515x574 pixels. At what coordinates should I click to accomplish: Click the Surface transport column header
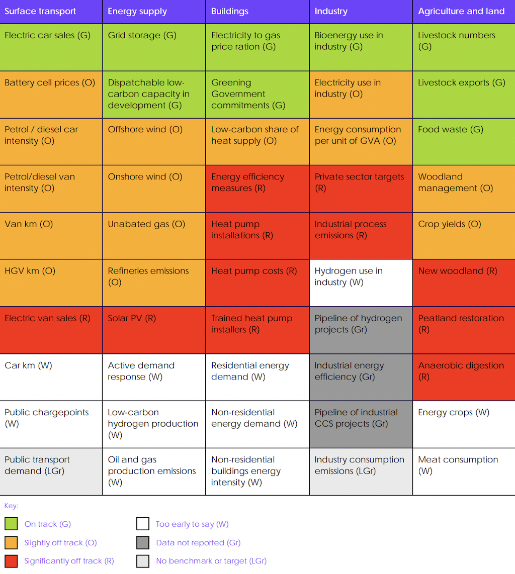pos(51,12)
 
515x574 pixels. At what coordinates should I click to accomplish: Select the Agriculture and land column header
pos(463,12)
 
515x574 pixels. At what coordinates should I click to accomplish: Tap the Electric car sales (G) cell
pos(51,47)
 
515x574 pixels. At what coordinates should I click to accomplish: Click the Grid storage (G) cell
pos(154,47)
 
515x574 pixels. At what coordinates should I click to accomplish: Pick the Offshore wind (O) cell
pos(154,141)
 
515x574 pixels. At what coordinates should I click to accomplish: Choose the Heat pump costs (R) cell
pos(257,282)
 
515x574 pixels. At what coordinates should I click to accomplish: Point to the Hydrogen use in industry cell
pos(361,282)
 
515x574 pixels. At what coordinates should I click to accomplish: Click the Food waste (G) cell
pos(463,141)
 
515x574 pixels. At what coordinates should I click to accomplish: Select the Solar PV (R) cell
pos(154,330)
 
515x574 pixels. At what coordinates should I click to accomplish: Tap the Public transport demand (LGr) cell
pos(51,471)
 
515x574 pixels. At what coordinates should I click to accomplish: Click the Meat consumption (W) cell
pos(463,471)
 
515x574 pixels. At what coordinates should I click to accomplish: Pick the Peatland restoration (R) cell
pos(463,330)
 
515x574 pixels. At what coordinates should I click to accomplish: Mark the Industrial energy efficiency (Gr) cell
pos(361,377)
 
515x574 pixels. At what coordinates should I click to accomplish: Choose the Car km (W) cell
pos(51,377)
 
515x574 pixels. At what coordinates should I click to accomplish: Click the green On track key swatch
pos(11,524)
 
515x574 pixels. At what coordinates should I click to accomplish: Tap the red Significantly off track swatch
pos(11,561)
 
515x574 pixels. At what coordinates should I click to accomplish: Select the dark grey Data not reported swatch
pos(143,543)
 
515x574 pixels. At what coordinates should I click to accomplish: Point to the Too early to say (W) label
pos(192,524)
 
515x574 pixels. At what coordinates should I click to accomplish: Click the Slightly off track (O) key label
pos(60,543)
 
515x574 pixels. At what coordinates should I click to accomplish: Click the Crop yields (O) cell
pos(463,235)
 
